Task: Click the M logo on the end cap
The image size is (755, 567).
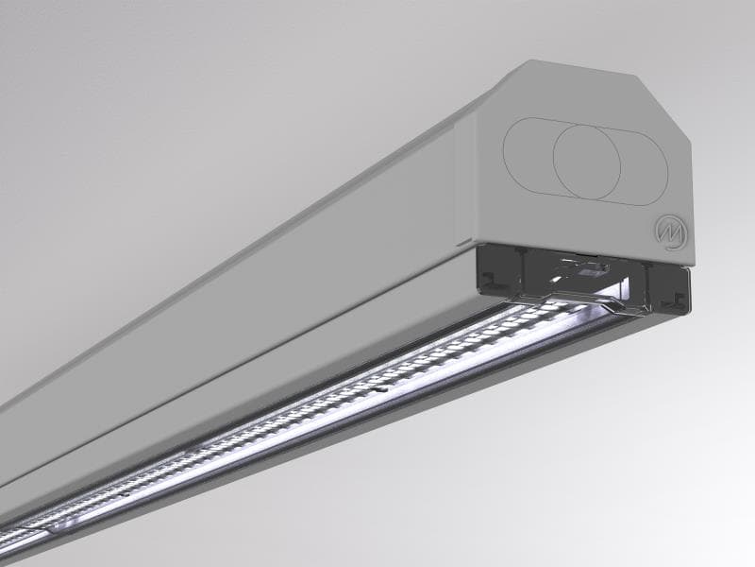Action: click(669, 231)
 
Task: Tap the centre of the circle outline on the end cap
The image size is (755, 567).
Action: click(586, 157)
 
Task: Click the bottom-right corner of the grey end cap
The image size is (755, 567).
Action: click(687, 266)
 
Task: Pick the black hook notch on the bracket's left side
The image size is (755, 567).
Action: click(494, 279)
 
